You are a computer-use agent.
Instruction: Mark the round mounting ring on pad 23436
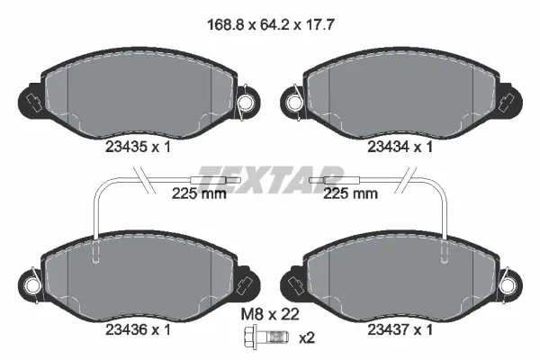(x=31, y=286)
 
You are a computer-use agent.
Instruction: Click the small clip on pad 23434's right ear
(x=508, y=99)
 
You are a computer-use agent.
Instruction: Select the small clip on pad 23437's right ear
(x=508, y=275)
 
